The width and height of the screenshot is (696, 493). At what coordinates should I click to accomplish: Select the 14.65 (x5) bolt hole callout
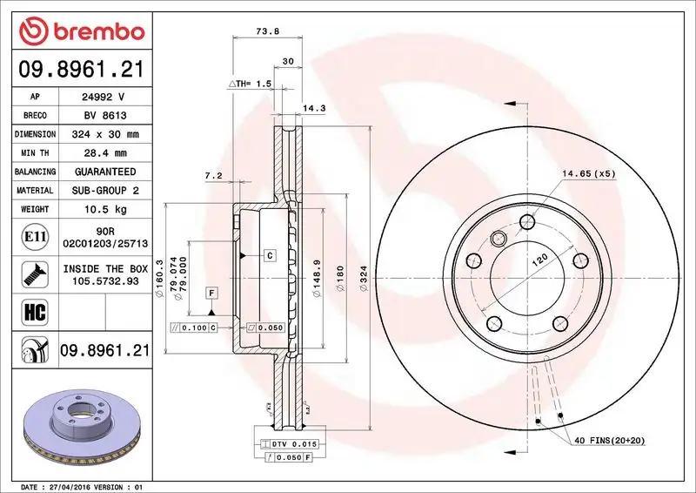588,174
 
